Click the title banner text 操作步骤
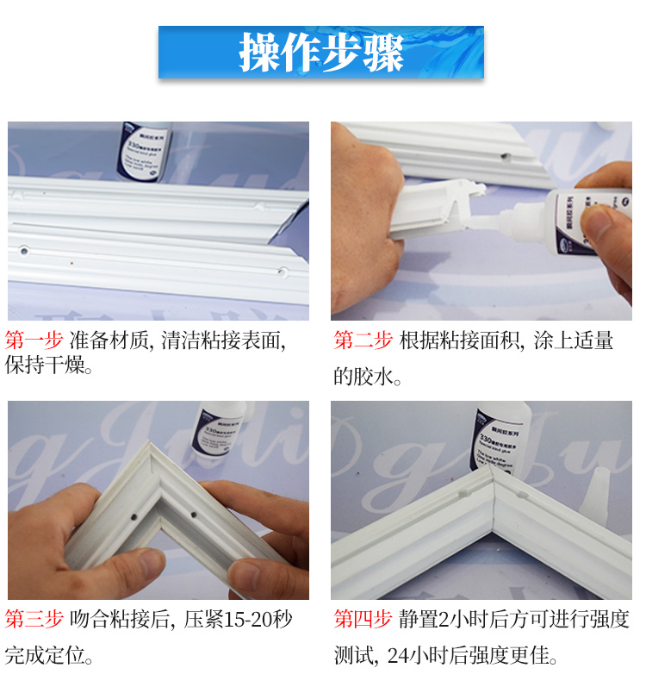tap(321, 53)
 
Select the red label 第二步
tap(363, 340)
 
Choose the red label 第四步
tap(363, 619)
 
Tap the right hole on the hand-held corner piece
tap(195, 515)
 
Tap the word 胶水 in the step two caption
tap(371, 377)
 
